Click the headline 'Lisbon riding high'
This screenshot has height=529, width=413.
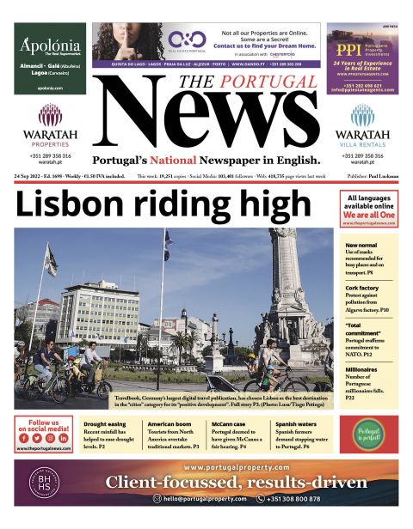coord(163,206)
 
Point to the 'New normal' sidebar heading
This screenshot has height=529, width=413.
coord(360,246)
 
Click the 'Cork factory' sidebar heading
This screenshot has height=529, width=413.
coord(361,288)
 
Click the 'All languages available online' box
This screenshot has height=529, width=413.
coord(368,209)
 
